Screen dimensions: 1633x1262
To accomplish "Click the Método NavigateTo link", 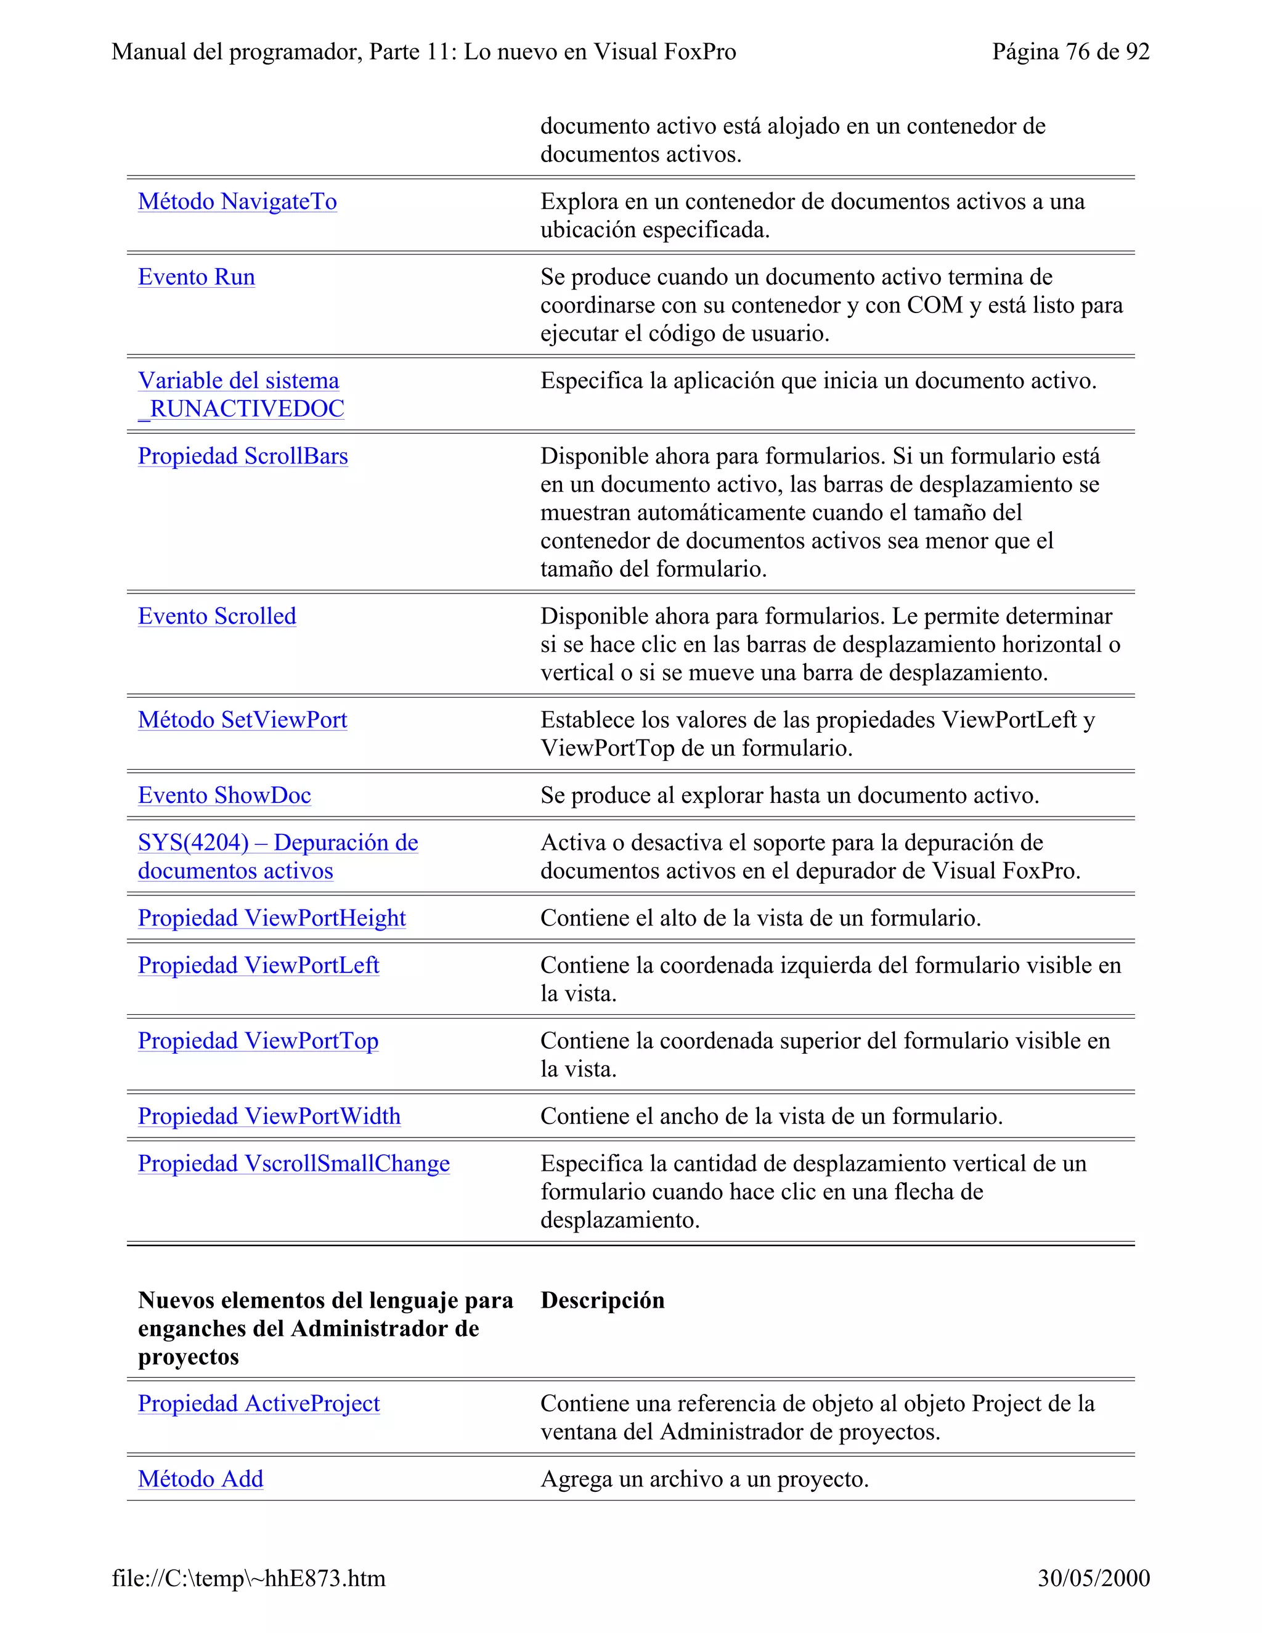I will [x=237, y=202].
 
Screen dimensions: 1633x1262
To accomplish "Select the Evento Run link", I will [x=196, y=277].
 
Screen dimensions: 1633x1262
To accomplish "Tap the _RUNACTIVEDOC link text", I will [x=241, y=409].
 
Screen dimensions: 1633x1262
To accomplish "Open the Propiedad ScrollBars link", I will [x=242, y=456].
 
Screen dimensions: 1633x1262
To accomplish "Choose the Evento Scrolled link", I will [x=217, y=616].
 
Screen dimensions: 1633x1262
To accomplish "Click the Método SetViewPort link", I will [x=242, y=720].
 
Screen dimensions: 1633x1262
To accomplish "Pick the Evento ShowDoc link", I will [x=224, y=796].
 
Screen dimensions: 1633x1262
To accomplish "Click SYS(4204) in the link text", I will [x=193, y=842].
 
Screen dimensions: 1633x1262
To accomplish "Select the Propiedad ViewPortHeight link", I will [x=271, y=918].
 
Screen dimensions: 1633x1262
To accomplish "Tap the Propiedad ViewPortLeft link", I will [x=258, y=965].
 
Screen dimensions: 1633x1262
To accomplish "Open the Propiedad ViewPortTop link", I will [x=258, y=1041].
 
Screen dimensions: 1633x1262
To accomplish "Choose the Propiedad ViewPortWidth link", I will [x=269, y=1117].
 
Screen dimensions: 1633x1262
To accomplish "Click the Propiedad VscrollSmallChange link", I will [x=294, y=1163].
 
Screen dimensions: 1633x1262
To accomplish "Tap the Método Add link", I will [x=200, y=1479].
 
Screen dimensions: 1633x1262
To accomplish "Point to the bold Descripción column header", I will [x=602, y=1300].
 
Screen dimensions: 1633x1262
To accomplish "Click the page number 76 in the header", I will [x=1077, y=52].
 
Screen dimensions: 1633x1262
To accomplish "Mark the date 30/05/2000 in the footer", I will [x=1093, y=1578].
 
